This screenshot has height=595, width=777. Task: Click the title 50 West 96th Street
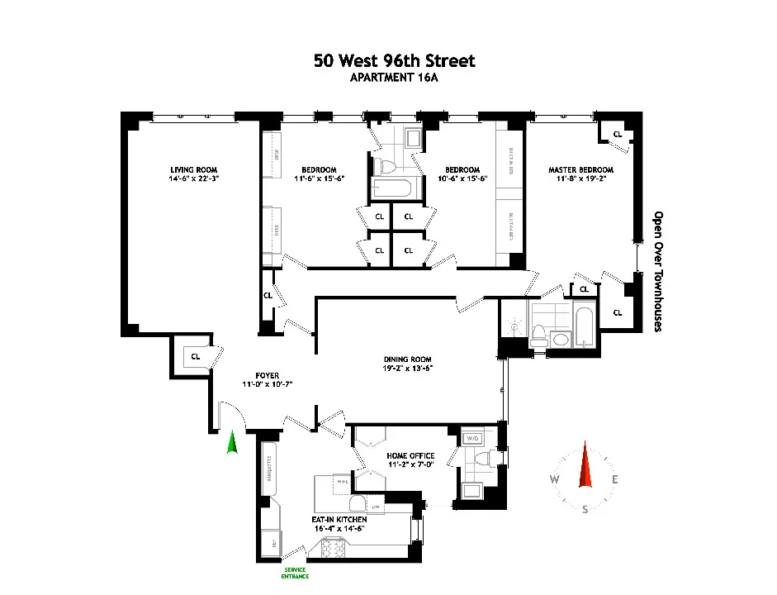[x=394, y=61]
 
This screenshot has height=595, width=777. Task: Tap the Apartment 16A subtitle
[x=394, y=79]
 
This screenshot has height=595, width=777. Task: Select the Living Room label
[x=188, y=170]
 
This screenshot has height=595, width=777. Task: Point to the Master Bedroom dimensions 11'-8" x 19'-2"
[x=580, y=179]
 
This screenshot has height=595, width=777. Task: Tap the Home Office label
[x=410, y=455]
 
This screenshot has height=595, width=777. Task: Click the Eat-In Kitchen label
[x=339, y=519]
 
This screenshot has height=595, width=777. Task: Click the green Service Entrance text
[x=295, y=573]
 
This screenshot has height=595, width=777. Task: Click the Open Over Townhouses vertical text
[x=658, y=270]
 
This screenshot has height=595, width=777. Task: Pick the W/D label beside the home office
[x=473, y=438]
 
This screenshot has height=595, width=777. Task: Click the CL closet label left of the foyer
[x=196, y=357]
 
